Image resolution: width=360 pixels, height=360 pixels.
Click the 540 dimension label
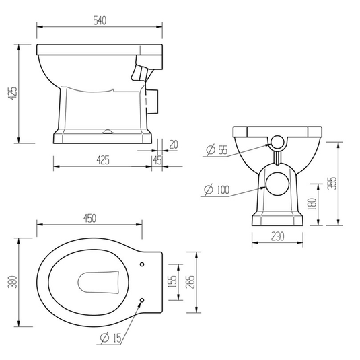[x=100, y=21]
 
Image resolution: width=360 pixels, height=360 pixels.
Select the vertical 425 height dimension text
[x=13, y=94]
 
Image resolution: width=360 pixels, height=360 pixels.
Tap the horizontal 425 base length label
[x=103, y=160]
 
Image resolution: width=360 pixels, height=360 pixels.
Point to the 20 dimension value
[x=174, y=145]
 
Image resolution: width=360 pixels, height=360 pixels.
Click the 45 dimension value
[x=157, y=160]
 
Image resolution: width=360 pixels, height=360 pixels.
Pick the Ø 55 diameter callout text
[x=217, y=150]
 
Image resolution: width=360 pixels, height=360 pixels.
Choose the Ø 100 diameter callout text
[x=217, y=190]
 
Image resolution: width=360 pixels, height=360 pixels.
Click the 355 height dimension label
[x=332, y=183]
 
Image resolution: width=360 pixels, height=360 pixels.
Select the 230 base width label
[x=278, y=236]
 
